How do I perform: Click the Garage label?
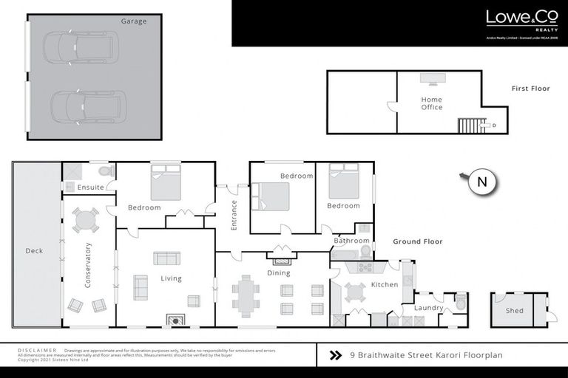[134, 21]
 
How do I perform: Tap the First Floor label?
[530, 89]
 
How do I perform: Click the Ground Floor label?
[417, 241]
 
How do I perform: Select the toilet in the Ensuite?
[106, 171]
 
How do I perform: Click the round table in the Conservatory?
[85, 220]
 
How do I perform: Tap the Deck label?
[34, 251]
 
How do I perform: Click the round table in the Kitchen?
[355, 292]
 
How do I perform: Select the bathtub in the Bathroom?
[344, 255]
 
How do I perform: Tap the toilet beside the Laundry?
[460, 302]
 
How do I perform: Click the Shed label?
[514, 311]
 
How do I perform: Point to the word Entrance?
[234, 215]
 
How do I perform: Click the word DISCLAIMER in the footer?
[37, 350]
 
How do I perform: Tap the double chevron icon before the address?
[335, 355]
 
